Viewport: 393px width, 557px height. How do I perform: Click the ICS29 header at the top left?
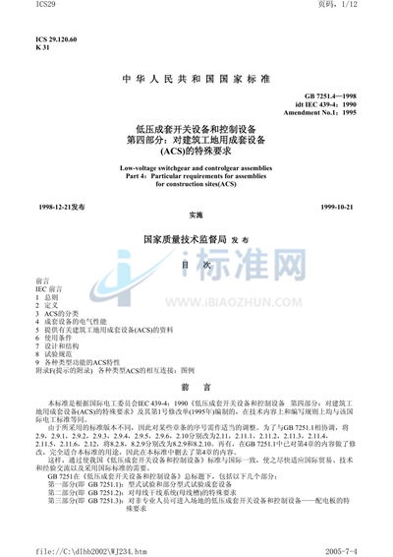[17, 8]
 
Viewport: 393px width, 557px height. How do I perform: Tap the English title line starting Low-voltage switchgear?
[196, 168]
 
